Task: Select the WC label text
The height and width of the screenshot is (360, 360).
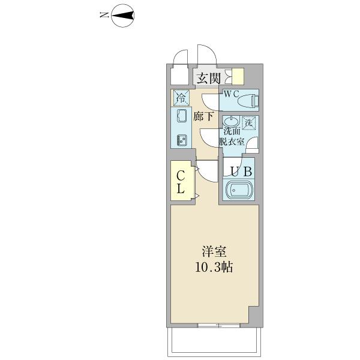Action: [232, 94]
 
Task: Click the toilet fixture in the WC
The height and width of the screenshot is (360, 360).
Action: [248, 103]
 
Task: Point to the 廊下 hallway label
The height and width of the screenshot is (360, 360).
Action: [203, 116]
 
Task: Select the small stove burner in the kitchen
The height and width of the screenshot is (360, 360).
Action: [181, 141]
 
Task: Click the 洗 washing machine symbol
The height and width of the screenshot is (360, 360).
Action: [249, 122]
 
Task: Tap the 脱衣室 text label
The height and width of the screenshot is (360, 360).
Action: [232, 142]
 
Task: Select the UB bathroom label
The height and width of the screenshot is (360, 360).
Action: [238, 170]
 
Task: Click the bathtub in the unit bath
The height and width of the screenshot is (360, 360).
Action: [238, 191]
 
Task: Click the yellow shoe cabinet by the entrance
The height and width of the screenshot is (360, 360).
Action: [239, 77]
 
